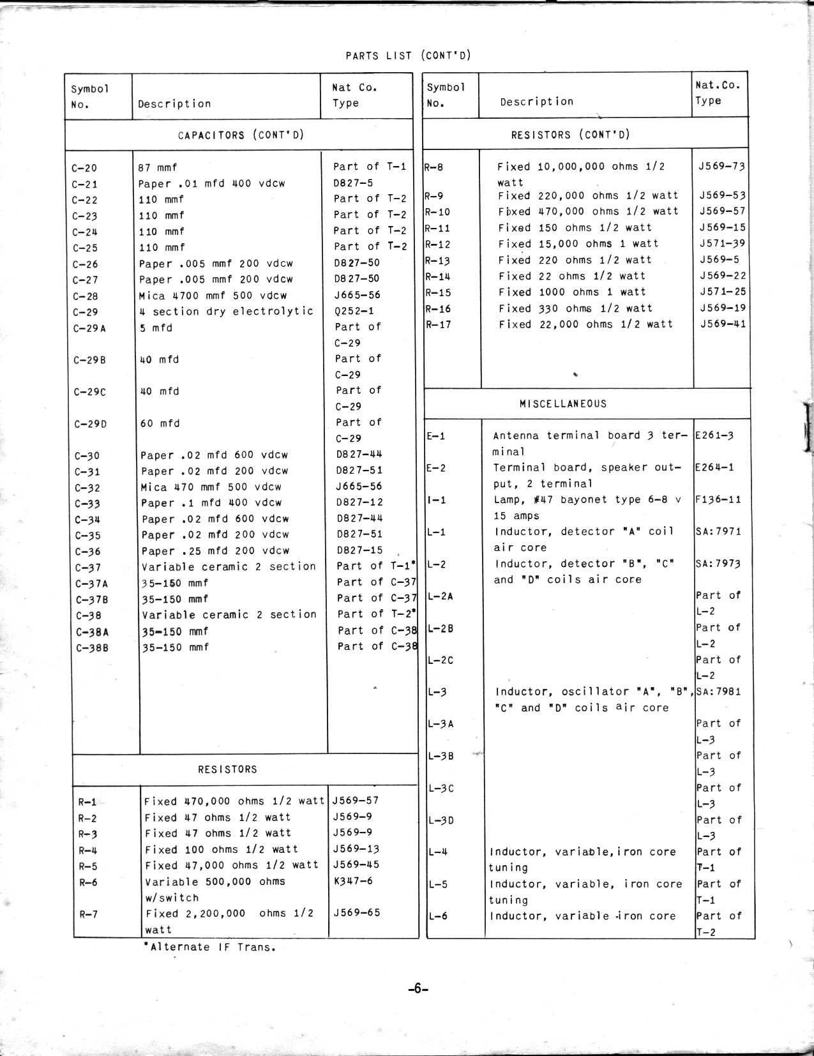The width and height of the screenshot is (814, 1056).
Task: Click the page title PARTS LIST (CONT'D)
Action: pos(408,56)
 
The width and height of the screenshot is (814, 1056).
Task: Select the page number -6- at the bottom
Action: pos(418,989)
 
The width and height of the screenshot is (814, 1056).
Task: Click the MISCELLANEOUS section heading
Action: pos(562,404)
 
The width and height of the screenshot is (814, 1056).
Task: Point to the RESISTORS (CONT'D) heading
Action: pos(570,135)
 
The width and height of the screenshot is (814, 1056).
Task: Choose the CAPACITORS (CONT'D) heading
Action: pos(241,135)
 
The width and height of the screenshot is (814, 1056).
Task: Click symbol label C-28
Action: pos(85,296)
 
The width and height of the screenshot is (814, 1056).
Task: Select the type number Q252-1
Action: pos(354,312)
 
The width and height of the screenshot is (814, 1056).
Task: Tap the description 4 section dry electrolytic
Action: pos(227,312)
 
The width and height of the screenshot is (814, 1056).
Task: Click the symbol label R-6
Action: pos(88,882)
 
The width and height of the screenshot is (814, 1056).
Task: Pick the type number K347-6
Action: pos(353,881)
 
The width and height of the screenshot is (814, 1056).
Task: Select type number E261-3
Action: pos(714,436)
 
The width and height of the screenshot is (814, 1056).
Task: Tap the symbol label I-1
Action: pos(437,500)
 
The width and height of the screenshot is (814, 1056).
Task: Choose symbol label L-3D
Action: pos(441,820)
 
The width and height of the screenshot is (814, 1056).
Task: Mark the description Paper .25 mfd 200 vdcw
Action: pos(215,550)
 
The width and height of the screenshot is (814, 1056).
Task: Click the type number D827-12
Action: pos(359,502)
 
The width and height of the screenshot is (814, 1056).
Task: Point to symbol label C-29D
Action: pos(90,424)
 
